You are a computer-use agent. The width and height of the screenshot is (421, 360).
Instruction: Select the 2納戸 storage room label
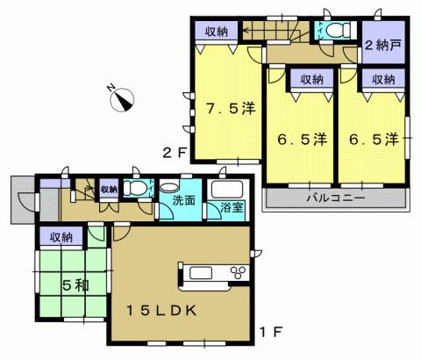coord(382,45)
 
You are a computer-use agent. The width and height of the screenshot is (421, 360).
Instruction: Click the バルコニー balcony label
coord(335,198)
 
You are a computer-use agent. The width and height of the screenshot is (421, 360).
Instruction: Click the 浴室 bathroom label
coord(232,209)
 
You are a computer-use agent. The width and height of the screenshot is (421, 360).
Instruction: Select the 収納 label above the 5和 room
coord(60,236)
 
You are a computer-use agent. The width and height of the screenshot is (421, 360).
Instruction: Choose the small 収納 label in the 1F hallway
coord(108,189)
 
